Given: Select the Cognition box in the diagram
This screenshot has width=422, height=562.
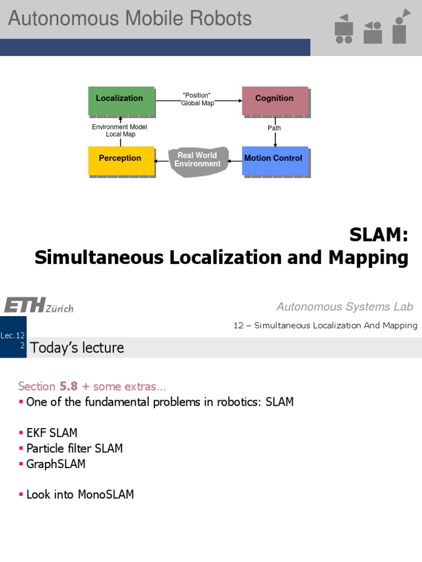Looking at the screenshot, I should click(275, 99).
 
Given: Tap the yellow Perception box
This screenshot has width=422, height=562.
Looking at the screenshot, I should click(120, 159).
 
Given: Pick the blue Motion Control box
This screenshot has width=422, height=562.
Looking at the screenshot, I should click(274, 159).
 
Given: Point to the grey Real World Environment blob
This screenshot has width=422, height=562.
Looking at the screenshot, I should click(198, 160).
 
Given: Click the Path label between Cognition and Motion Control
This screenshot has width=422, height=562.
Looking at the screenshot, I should click(274, 128).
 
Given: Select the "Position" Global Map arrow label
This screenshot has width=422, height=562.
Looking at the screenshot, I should click(197, 99).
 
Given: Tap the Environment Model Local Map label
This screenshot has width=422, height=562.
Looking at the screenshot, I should click(120, 131).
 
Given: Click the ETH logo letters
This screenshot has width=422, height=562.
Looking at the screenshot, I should click(24, 305).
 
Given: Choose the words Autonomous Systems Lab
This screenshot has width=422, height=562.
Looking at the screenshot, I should click(345, 307).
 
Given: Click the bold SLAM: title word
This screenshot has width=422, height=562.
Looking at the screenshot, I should click(379, 235).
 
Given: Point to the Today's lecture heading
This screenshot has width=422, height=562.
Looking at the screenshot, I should click(77, 347).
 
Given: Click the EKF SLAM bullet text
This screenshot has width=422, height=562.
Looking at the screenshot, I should click(52, 432).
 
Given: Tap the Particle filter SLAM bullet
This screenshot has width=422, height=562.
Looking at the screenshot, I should click(74, 448).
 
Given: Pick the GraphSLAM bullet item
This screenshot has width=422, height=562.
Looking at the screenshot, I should click(55, 464).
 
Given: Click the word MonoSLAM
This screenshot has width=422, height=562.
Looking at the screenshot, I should click(106, 494).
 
